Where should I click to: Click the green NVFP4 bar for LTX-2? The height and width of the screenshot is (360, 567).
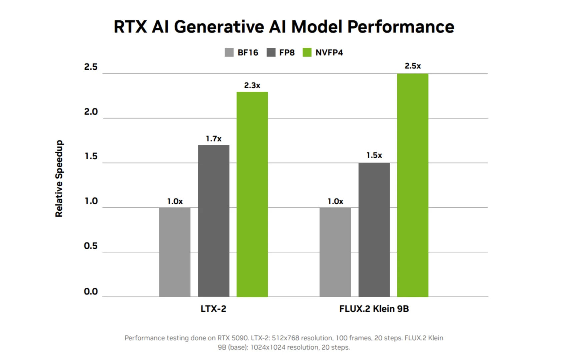(252, 194)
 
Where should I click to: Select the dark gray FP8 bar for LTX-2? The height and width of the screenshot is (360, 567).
(213, 221)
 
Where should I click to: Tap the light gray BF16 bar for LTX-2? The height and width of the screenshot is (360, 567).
(175, 252)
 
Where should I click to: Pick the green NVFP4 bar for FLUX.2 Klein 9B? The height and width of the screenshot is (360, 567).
(413, 185)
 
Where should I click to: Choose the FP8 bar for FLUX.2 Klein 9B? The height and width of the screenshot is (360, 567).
(374, 230)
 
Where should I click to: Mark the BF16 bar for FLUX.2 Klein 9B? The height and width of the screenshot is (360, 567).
(335, 252)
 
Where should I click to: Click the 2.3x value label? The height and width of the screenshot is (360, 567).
(252, 85)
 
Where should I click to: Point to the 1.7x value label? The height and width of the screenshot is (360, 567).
(213, 139)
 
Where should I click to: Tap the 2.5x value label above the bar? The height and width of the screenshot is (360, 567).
(413, 66)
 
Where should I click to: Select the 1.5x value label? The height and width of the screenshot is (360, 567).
(374, 155)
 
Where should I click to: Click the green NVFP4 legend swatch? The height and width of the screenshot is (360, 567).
(307, 52)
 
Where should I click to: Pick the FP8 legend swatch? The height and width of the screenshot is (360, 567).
(271, 52)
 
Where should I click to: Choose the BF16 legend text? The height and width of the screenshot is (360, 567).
(248, 53)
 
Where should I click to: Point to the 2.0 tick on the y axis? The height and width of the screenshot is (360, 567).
(91, 112)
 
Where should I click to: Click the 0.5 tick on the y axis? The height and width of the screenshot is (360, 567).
(91, 246)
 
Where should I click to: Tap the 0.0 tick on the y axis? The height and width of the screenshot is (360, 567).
(91, 292)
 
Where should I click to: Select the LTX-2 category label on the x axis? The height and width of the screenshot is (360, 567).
(213, 309)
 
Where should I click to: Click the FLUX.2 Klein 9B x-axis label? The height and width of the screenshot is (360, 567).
(374, 309)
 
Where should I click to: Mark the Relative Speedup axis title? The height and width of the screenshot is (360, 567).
(59, 178)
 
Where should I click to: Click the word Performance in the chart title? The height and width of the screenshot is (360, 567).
(401, 27)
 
